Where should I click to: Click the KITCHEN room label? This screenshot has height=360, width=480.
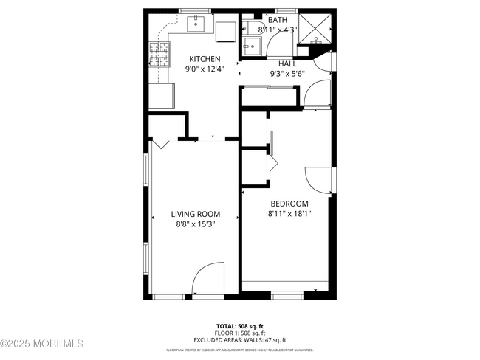pyautogui.click(x=205, y=59)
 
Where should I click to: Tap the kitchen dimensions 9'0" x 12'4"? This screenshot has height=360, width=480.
pyautogui.click(x=205, y=69)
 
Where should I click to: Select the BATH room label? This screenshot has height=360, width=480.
pyautogui.click(x=278, y=20)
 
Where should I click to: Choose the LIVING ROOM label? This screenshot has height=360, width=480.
pyautogui.click(x=195, y=215)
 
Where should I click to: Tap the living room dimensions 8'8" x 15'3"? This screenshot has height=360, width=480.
pyautogui.click(x=195, y=225)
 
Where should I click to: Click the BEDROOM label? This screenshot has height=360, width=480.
pyautogui.click(x=288, y=204)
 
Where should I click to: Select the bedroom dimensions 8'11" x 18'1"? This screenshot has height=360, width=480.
pyautogui.click(x=288, y=214)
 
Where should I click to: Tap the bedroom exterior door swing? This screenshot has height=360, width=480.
pyautogui.click(x=320, y=179)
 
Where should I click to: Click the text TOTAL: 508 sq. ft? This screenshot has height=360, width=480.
pyautogui.click(x=239, y=325)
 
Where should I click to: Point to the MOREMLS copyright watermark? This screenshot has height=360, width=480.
pyautogui.click(x=43, y=343)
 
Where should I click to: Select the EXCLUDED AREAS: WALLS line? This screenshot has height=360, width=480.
pyautogui.click(x=239, y=340)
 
